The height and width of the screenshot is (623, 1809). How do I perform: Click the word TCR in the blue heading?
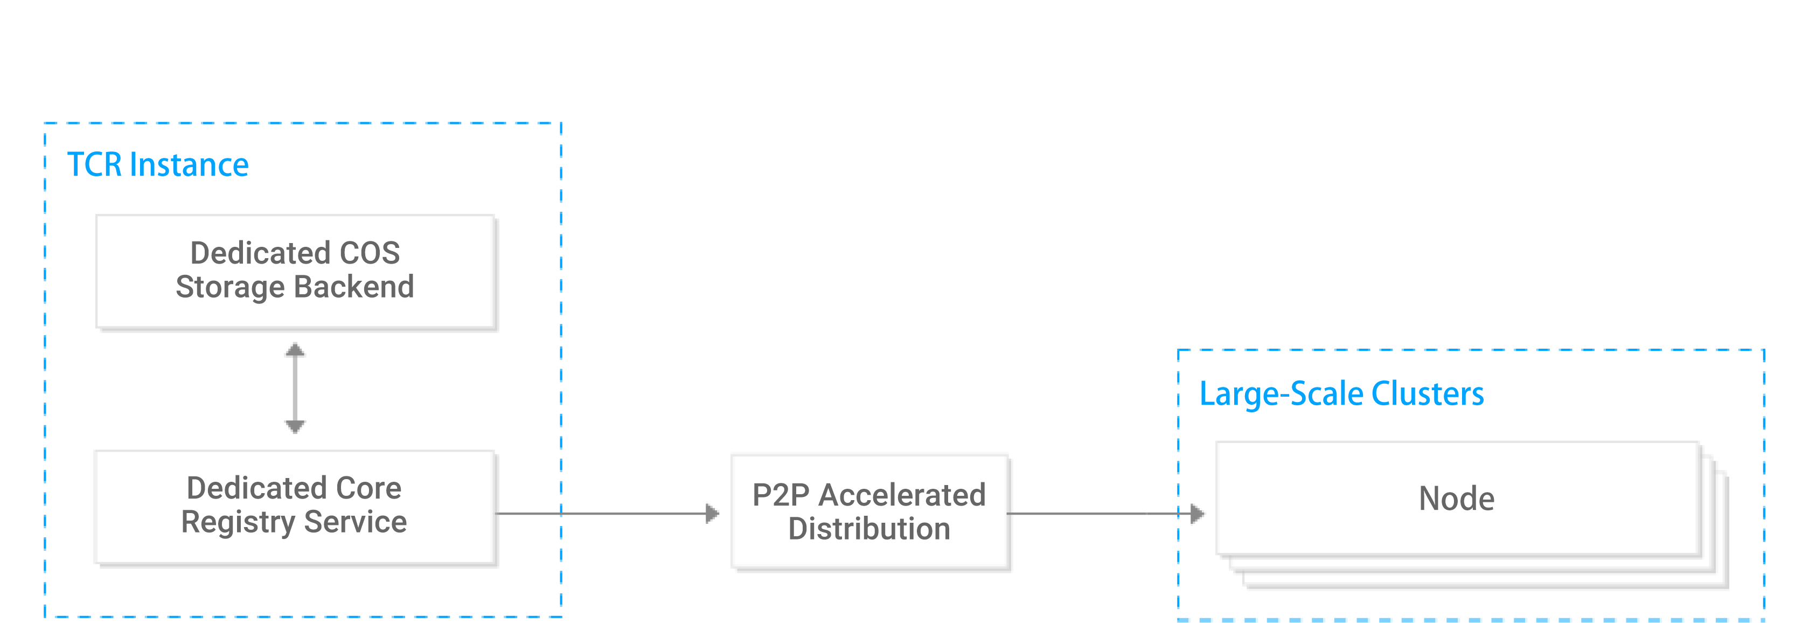(95, 165)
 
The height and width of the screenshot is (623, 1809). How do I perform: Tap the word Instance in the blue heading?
(189, 165)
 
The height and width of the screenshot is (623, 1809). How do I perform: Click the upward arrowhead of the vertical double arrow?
(295, 350)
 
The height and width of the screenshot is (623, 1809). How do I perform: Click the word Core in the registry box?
(368, 487)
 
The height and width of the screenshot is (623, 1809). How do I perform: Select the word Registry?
(238, 522)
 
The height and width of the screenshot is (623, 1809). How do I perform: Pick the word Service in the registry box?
(356, 522)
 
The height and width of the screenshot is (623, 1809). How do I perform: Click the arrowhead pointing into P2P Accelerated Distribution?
(712, 514)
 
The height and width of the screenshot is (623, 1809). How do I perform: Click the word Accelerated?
(902, 495)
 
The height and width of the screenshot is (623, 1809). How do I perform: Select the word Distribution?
(869, 529)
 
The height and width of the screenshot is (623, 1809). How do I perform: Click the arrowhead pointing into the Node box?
(1198, 514)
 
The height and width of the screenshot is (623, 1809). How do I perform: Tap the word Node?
(1457, 499)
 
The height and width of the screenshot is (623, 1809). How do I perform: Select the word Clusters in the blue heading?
(1428, 393)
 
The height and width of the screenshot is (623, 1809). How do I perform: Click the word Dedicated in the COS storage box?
(260, 253)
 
